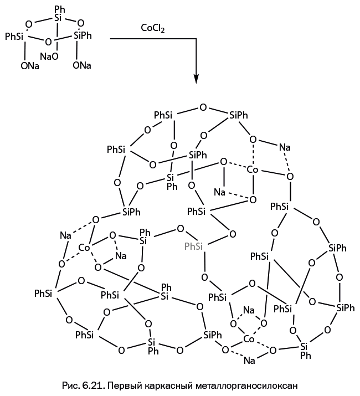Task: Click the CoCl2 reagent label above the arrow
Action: click(153, 27)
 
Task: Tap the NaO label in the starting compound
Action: click(49, 56)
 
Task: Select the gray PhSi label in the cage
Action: click(193, 245)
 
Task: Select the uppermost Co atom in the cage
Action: click(253, 170)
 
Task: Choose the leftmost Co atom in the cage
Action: click(84, 248)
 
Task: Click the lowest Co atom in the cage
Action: click(249, 338)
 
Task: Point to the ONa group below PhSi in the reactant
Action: click(30, 66)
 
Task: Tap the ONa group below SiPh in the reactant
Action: click(82, 65)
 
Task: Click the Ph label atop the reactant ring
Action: click(60, 9)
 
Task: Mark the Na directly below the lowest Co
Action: click(249, 361)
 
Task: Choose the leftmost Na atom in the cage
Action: click(65, 235)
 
